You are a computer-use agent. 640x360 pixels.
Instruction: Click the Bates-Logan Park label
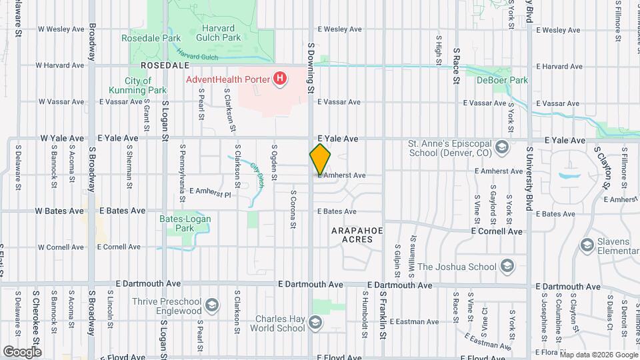[177, 223]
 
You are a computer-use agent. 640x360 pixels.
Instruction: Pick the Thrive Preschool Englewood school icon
[211, 305]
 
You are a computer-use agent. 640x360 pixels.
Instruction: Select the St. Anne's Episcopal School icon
[501, 146]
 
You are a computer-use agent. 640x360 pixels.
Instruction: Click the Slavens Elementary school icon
[587, 245]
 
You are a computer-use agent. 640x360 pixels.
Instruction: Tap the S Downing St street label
[311, 67]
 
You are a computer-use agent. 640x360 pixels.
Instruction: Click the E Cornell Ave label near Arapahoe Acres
[497, 231]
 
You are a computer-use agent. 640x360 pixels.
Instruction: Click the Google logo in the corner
[23, 351]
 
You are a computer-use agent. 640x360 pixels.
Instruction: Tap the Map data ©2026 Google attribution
[598, 355]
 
